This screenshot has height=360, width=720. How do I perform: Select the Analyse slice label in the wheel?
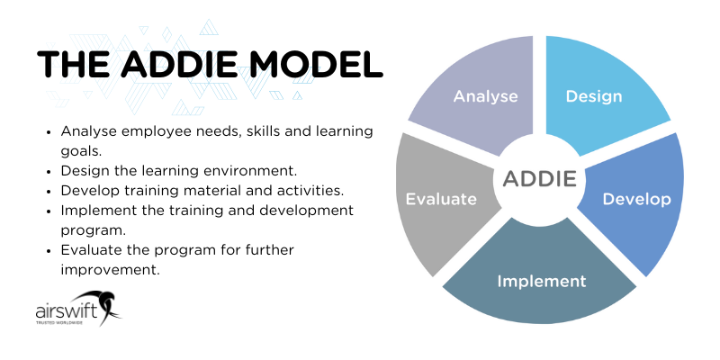tap(485, 95)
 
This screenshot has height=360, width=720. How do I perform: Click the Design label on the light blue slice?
tap(593, 95)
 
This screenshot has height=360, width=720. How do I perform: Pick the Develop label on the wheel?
tap(636, 199)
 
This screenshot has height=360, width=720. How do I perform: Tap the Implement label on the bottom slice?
tap(541, 281)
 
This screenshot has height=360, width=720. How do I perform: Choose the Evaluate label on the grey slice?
tap(440, 199)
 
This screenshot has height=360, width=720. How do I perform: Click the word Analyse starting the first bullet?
tap(88, 131)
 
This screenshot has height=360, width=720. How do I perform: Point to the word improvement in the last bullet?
tap(110, 268)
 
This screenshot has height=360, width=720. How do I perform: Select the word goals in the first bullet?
tap(81, 151)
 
